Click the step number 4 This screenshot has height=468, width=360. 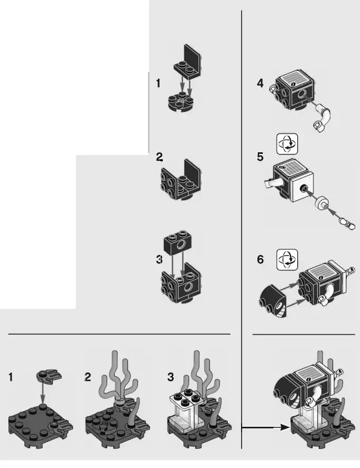pos(260,84)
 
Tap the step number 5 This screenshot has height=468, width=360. pos(260,157)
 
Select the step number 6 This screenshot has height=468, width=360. pos(260,260)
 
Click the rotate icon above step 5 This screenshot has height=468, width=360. pos(287,144)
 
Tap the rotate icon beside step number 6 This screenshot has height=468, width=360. pos(287,260)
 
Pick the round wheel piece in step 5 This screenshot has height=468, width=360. pos(322,204)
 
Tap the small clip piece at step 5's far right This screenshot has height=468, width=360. pos(349,225)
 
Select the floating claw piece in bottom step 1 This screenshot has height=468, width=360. pos(49,375)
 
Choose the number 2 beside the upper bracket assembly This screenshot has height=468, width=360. pos(159,157)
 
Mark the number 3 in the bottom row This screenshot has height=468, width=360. pos(170,377)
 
